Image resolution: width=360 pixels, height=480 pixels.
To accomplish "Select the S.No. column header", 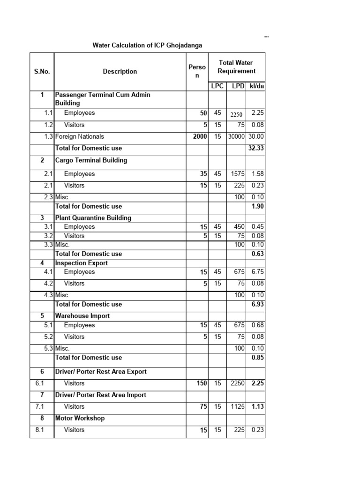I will pos(42,72).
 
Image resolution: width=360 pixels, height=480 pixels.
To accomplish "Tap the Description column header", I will pos(120,72).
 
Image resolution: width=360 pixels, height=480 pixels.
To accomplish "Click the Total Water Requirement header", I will pos(236,67).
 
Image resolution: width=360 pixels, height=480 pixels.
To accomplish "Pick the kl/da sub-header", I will pos(256,86).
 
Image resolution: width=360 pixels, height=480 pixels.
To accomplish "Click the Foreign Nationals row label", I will pos(80,137).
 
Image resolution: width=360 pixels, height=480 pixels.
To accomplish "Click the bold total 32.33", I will pos(256,148).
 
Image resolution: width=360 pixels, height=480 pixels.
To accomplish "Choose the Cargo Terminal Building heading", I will pos(91,160).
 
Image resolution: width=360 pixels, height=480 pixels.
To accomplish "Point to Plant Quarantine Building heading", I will pos(93,218).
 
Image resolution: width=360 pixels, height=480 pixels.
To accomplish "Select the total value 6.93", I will pos(257,304).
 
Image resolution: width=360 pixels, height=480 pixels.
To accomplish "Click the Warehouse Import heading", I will pos(82,316).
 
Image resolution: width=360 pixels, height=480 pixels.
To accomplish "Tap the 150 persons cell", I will pos(201,383).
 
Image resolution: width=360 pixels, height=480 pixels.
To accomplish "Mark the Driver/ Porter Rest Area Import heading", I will pos(101,395).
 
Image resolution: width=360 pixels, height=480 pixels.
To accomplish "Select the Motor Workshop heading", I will pos(80,418).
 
